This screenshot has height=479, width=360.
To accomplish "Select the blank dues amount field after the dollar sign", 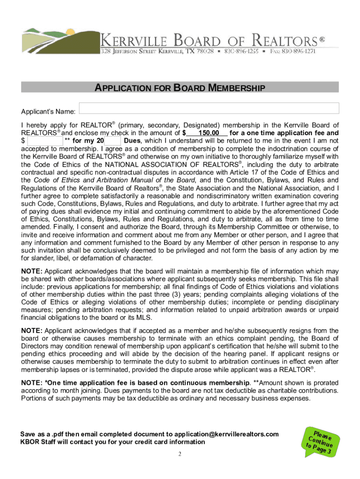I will point(45,141).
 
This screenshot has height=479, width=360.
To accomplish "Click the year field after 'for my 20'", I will point(113,141).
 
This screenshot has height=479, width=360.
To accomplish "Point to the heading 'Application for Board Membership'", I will point(180,88).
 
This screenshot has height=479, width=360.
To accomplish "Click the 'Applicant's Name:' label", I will point(48,112).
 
